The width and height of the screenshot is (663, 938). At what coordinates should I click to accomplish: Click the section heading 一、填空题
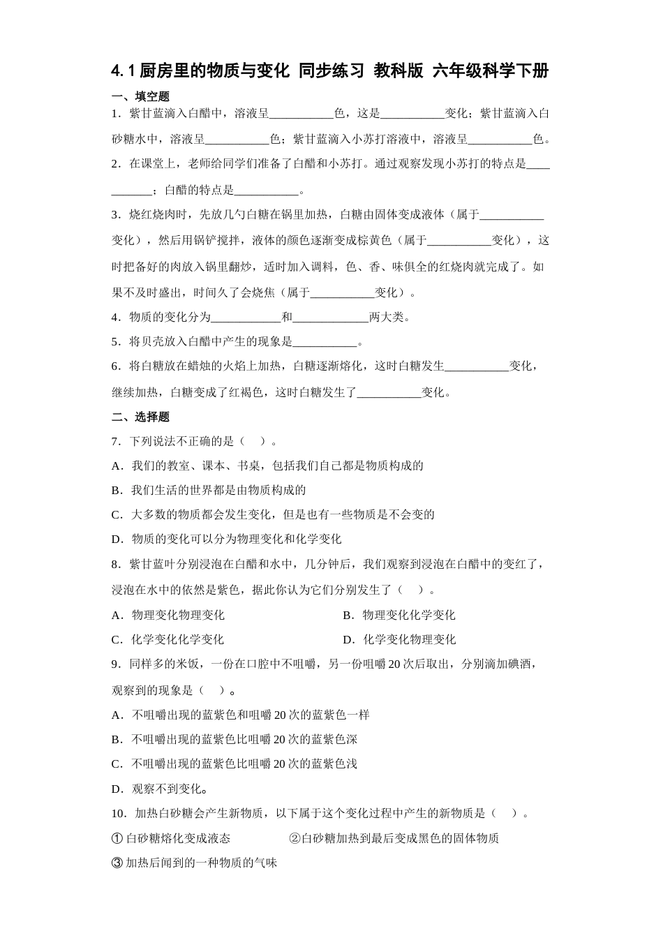point(140,96)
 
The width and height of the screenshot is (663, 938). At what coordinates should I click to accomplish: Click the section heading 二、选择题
point(140,417)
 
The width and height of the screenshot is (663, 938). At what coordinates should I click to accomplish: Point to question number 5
point(115,342)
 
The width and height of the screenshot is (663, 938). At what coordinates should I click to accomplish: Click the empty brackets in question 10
point(504,813)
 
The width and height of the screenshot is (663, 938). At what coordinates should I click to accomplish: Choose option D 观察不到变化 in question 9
point(160,789)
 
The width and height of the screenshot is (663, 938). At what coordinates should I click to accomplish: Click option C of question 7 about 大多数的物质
point(273,514)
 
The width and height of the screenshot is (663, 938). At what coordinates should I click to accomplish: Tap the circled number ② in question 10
point(295,838)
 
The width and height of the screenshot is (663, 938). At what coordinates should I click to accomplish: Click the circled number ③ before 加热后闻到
point(117,863)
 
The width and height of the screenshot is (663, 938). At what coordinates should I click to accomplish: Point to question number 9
point(115,664)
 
